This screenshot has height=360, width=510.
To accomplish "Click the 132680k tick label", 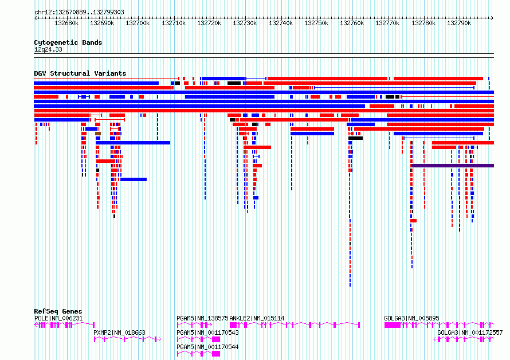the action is click(66, 23).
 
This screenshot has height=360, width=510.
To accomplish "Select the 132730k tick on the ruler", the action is click(246, 18).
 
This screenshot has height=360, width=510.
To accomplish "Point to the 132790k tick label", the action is click(459, 23).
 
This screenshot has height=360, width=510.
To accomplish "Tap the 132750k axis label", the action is click(316, 23).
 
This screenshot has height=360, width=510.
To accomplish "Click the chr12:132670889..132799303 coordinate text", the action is click(79, 13).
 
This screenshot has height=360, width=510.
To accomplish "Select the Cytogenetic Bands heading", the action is click(68, 42).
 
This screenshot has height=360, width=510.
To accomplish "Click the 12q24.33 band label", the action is click(48, 49).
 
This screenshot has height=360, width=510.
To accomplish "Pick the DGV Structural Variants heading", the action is click(80, 73).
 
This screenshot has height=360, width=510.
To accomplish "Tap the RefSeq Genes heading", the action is click(58, 311).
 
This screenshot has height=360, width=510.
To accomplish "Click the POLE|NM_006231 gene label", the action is click(58, 318).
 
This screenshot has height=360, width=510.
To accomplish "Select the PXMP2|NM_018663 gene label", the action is click(119, 332).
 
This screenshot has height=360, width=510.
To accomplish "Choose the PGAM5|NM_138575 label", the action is click(202, 318).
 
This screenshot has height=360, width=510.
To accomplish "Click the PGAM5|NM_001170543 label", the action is click(207, 332).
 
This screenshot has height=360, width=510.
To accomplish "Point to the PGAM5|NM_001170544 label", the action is click(207, 347).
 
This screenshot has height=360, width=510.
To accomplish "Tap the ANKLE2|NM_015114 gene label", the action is click(257, 318).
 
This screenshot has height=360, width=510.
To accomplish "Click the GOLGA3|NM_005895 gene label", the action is click(411, 318).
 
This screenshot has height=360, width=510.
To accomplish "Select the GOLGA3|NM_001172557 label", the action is click(470, 332).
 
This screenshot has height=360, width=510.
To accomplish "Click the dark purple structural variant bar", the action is click(453, 166).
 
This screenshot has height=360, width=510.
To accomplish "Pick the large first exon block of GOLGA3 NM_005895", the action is click(393, 325).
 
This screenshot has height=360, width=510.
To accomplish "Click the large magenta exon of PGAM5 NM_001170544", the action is click(216, 354).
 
